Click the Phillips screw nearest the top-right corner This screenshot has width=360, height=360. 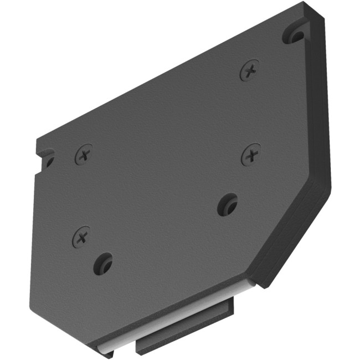click(x=250, y=70)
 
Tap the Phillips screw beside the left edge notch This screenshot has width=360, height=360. click(x=84, y=153)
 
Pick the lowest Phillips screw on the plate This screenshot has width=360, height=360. click(x=81, y=238)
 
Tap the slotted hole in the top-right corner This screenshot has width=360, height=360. click(x=294, y=35)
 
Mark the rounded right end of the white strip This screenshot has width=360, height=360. click(x=250, y=286)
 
